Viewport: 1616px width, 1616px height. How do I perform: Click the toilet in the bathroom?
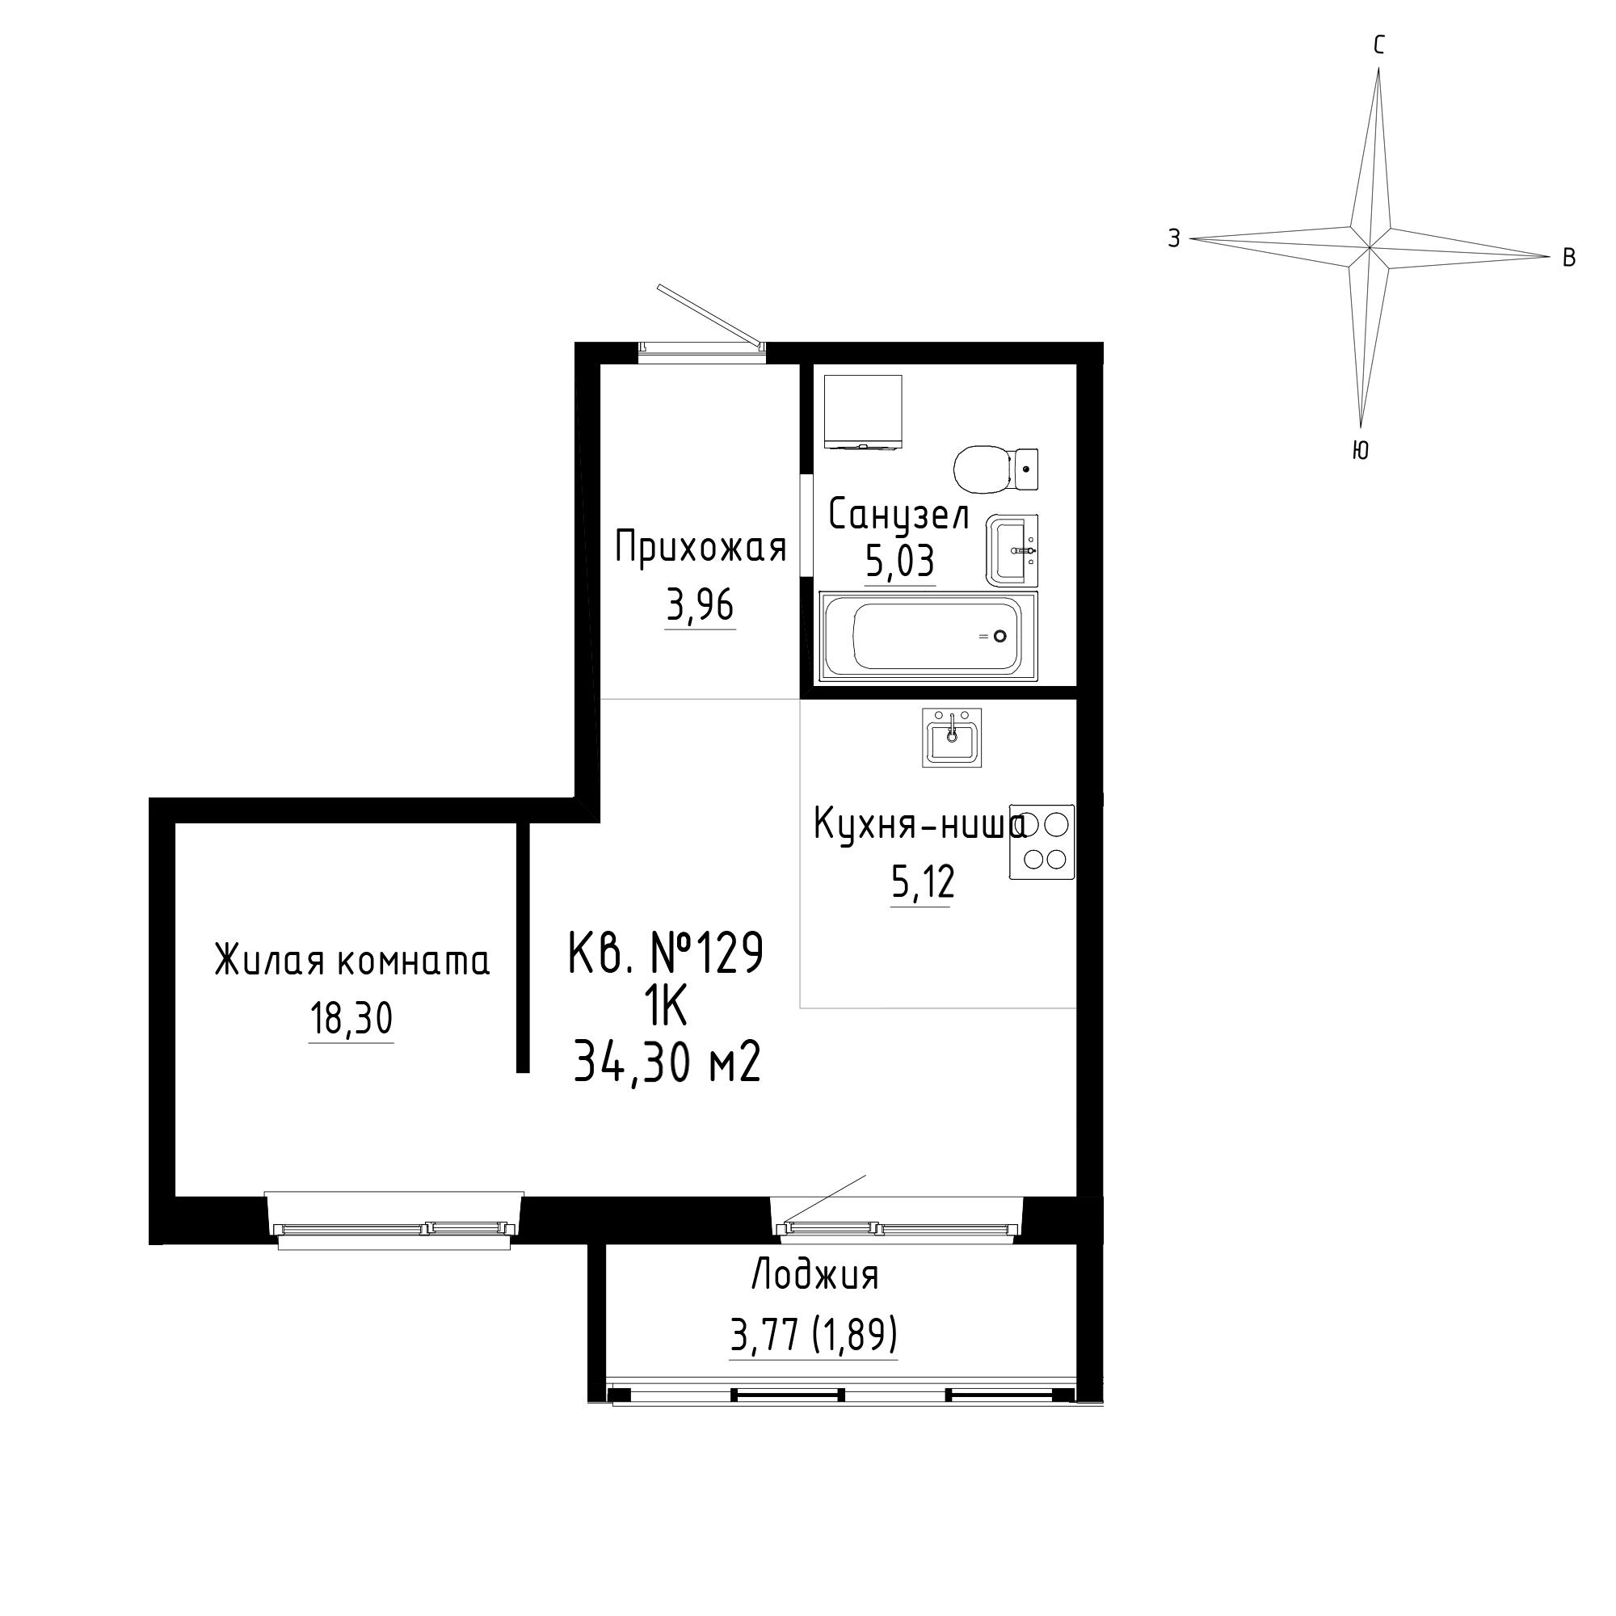[x=996, y=470]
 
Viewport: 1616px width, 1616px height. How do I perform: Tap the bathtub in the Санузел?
[x=928, y=637]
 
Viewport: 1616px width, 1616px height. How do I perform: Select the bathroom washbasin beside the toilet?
[x=1012, y=550]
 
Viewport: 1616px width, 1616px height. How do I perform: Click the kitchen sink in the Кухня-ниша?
[x=952, y=737]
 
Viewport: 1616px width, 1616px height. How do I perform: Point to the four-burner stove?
[x=1042, y=842]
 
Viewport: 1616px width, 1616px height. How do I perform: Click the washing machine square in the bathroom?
[x=863, y=412]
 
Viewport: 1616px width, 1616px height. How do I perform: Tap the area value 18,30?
[x=351, y=1019]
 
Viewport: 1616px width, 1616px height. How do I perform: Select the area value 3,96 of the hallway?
[x=700, y=604]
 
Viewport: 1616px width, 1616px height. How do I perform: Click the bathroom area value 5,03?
[x=899, y=562]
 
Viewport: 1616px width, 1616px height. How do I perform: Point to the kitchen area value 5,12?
[x=923, y=882]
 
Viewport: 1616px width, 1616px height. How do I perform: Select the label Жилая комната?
[x=352, y=961]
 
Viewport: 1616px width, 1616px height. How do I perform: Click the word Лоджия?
[x=815, y=1277]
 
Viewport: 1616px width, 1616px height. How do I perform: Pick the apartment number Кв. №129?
[x=666, y=953]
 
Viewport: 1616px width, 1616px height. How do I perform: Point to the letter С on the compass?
[x=1379, y=45]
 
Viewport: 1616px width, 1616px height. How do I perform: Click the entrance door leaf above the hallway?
[x=711, y=315]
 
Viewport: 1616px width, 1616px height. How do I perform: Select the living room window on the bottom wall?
[x=394, y=1222]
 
